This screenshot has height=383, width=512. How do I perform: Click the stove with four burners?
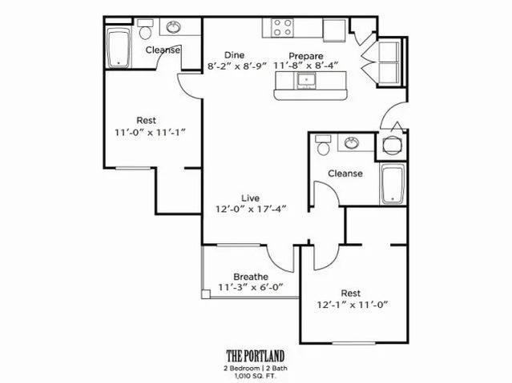pyautogui.click(x=282, y=28)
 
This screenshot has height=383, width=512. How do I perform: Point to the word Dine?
pyautogui.click(x=233, y=55)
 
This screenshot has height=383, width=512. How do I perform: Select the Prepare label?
pyautogui.click(x=306, y=55)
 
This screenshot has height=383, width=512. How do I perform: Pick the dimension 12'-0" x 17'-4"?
pyautogui.click(x=251, y=208)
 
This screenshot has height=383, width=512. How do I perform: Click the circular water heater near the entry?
pyautogui.click(x=392, y=146)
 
